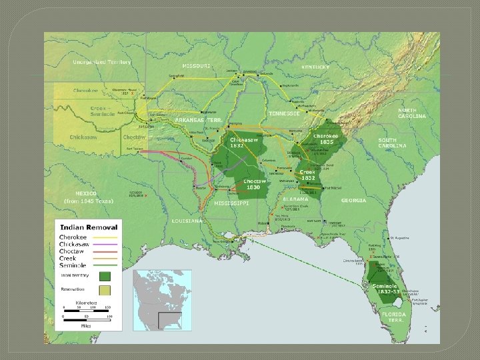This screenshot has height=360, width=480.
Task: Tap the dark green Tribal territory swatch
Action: tap(105, 275)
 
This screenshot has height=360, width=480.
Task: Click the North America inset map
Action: tap(162, 300)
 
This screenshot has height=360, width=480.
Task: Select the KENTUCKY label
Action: tap(315, 67)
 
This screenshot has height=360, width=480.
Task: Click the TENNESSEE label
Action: tap(284, 113)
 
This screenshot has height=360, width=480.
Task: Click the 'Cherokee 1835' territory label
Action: tap(327, 138)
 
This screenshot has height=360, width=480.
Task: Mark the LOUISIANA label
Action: tap(187, 220)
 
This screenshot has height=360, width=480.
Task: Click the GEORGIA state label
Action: tap(353, 200)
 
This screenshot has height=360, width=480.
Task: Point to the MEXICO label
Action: tap(85, 193)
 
